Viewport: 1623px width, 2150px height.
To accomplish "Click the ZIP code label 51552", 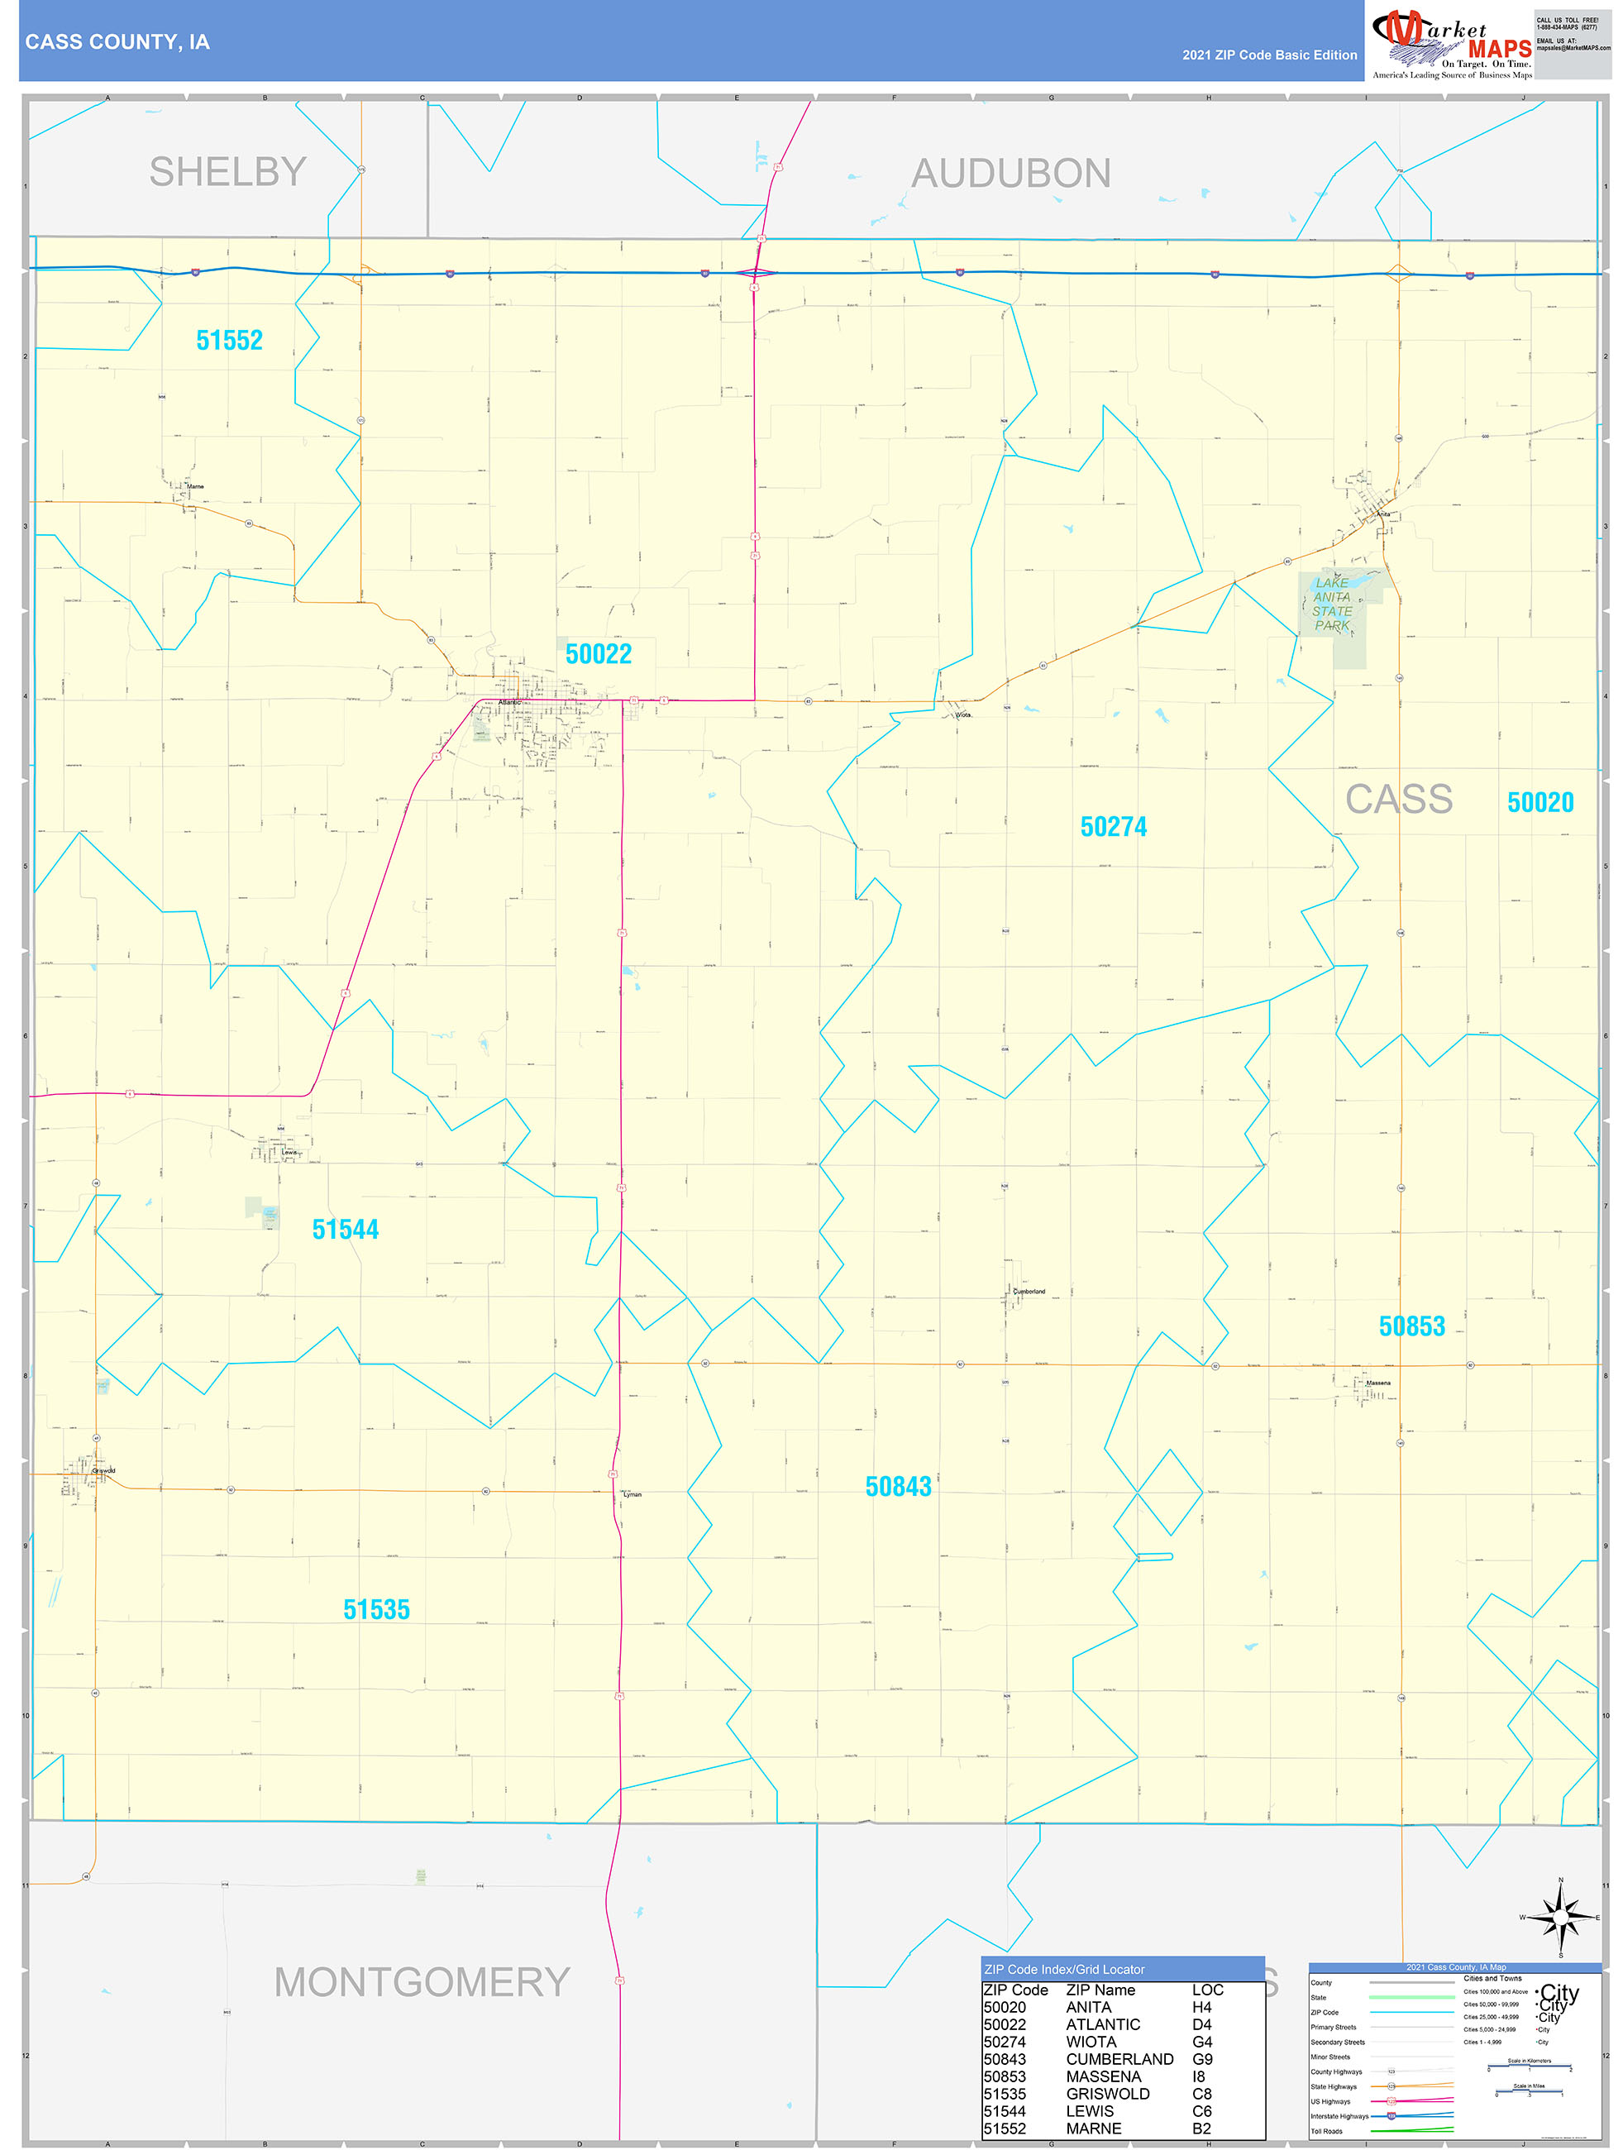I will (229, 340).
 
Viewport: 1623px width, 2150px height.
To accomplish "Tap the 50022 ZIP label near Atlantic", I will (598, 654).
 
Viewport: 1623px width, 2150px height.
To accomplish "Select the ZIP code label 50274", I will (1113, 827).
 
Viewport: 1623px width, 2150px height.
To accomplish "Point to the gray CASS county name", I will (1397, 800).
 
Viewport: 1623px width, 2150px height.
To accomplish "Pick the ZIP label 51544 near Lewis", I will (345, 1230).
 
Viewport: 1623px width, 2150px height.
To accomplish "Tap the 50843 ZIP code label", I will (898, 1486).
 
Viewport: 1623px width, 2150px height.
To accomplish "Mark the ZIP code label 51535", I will (376, 1609).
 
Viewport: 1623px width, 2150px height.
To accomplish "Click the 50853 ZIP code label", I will (1411, 1326).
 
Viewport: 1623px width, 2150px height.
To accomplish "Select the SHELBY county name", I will (227, 172).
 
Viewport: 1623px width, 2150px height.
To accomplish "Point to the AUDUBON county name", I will (1010, 174).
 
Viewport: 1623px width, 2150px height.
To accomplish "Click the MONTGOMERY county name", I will (421, 1982).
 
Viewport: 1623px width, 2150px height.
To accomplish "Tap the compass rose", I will (1560, 1918).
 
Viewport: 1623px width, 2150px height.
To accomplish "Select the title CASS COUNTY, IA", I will (117, 42).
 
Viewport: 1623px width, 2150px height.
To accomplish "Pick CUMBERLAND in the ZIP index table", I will (1119, 2059).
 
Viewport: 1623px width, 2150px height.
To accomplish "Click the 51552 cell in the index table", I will (1004, 2128).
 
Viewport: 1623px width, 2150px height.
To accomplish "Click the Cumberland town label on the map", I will (1029, 1292).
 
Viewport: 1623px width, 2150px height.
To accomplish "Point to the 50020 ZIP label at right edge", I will (1539, 803).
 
